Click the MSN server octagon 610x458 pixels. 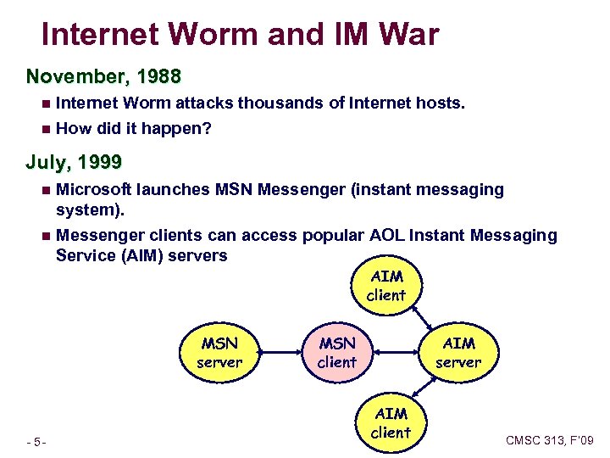(219, 352)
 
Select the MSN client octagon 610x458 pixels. (336, 352)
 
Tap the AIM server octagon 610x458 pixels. (458, 352)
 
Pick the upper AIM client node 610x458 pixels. (386, 286)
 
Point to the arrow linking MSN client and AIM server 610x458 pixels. (397, 352)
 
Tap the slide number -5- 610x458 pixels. (36, 442)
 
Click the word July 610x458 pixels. (47, 161)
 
